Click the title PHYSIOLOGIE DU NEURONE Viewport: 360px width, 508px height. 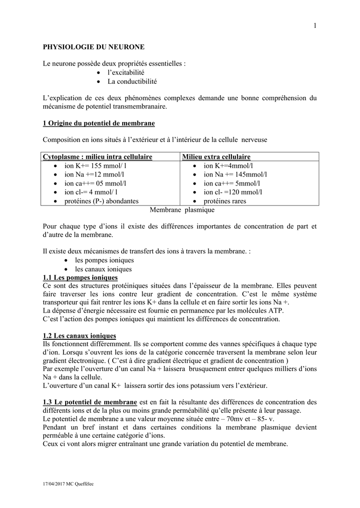tap(94, 47)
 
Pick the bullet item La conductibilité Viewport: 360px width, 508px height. tap(132, 81)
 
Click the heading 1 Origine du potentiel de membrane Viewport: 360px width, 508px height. tap(99, 123)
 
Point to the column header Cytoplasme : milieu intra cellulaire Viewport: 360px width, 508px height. tap(97, 157)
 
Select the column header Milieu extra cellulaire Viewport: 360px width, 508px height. tap(216, 157)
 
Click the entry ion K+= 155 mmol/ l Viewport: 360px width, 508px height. tap(95, 166)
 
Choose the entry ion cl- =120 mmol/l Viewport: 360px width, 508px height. tap(233, 192)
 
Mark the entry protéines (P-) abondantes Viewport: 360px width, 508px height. tap(101, 201)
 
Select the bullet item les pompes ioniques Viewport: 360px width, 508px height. tap(104, 260)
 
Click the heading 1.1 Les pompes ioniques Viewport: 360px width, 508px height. tap(80, 277)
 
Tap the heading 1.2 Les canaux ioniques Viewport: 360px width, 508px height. tap(79, 336)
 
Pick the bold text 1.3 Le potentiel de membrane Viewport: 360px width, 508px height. tap(90, 402)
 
